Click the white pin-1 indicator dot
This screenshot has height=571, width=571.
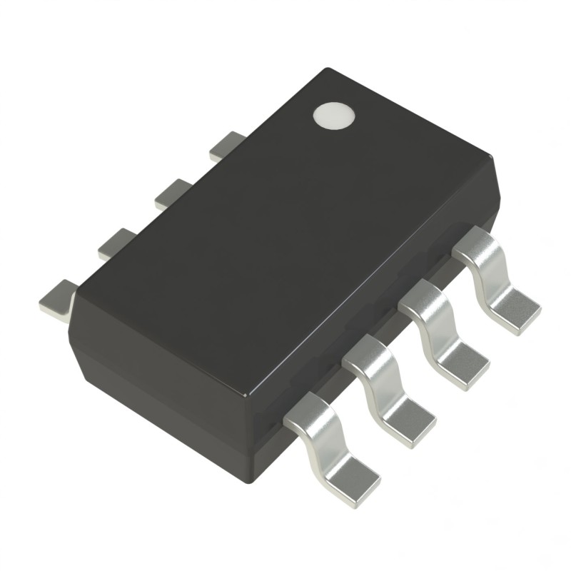tap(334, 116)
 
